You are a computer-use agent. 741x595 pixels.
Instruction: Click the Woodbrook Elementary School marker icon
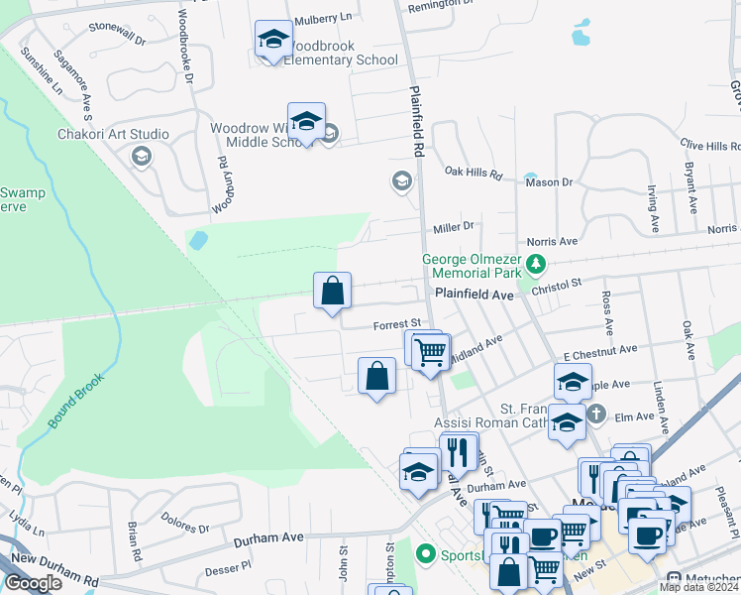273,40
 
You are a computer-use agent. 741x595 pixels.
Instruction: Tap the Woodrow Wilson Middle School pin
306,122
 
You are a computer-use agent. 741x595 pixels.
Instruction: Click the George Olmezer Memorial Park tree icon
536,264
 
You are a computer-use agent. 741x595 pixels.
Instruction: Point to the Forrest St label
397,324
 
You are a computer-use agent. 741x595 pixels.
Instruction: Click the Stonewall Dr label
116,34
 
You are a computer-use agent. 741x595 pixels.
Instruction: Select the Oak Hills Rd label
474,173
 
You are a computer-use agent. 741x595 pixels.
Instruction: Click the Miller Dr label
454,228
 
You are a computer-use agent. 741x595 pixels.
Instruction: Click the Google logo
33,583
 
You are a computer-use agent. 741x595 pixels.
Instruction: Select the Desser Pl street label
229,570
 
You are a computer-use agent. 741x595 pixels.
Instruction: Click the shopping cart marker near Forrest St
430,352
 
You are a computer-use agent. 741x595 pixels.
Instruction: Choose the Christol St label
556,284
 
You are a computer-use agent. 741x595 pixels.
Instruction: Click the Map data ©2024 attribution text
698,587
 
